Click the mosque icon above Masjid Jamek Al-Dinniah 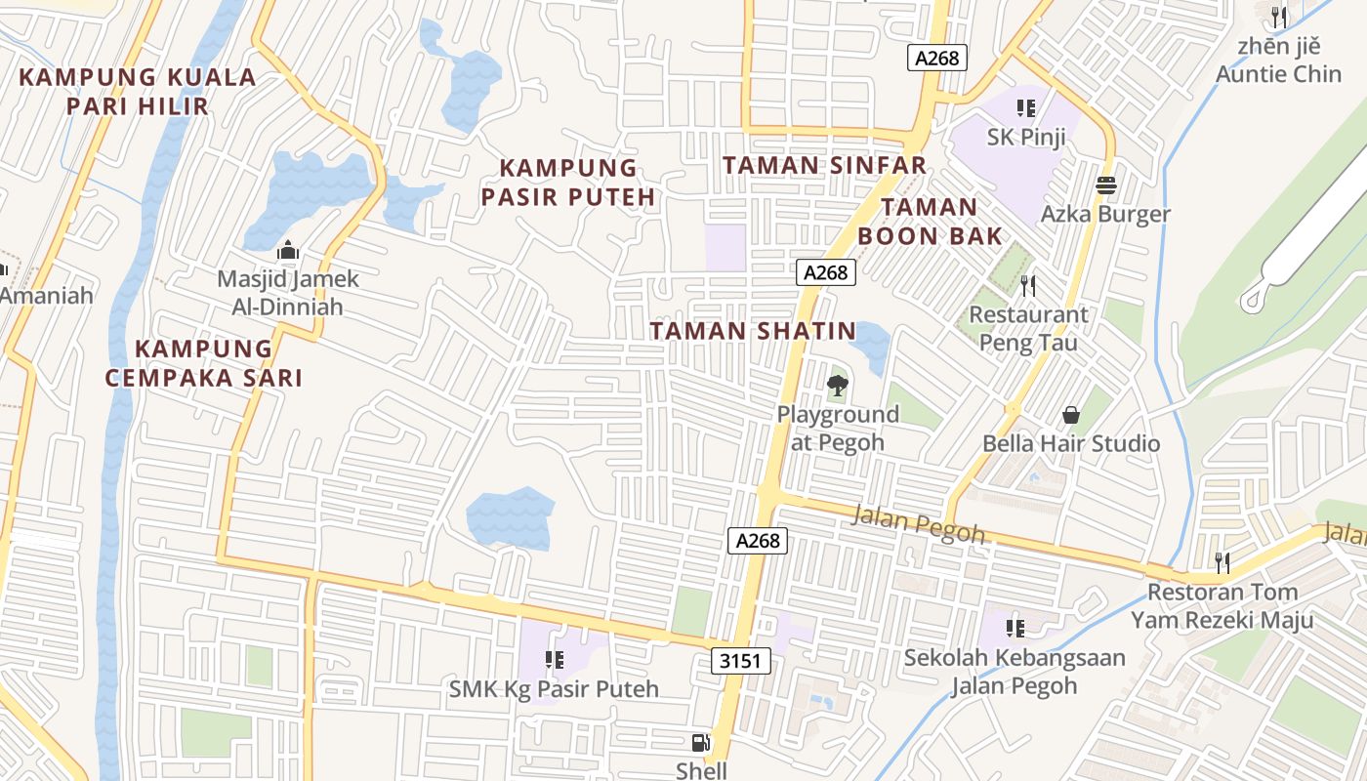tap(287, 252)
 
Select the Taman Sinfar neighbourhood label tap(825, 165)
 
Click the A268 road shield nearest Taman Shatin tap(826, 272)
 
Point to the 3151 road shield tap(740, 661)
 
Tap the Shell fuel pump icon tap(700, 744)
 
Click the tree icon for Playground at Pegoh tap(837, 386)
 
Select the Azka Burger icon tap(1106, 185)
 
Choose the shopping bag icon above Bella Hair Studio tap(1071, 415)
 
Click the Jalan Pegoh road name tap(918, 523)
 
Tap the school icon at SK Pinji tap(1025, 108)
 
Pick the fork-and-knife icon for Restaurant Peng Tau tap(1027, 285)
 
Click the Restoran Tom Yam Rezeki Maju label tap(1222, 605)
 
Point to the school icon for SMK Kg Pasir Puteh tap(554, 660)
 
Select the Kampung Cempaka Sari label tap(205, 363)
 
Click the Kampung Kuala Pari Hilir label tap(138, 92)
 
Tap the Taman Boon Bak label tap(930, 221)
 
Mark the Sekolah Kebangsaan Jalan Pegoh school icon tap(1015, 628)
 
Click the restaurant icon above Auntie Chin tap(1278, 17)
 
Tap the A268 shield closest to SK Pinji tap(938, 59)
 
